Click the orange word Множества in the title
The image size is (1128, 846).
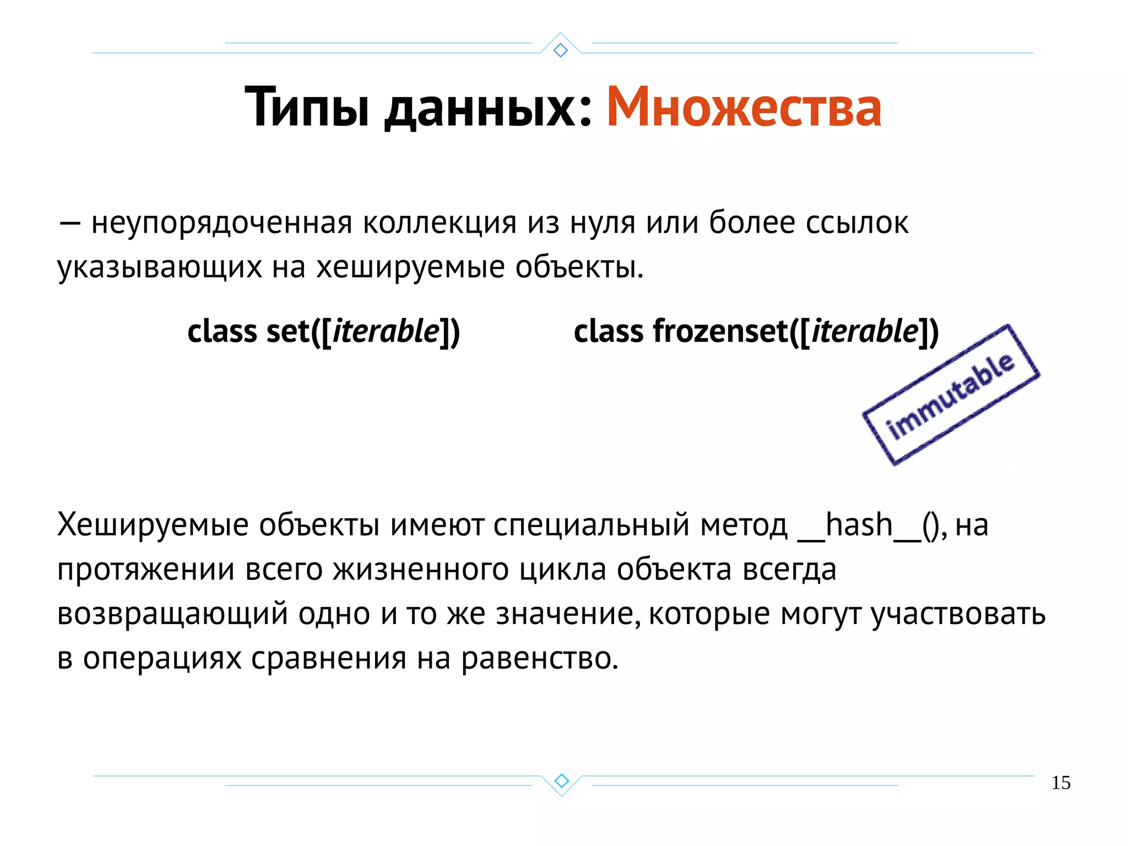(x=744, y=107)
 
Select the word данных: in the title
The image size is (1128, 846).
(x=488, y=107)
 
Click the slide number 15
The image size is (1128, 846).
(x=1060, y=783)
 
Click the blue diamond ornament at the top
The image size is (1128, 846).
(x=560, y=50)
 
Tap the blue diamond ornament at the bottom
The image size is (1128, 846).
(x=561, y=780)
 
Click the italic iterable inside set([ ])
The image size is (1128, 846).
(x=386, y=331)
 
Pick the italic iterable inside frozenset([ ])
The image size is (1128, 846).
(x=865, y=331)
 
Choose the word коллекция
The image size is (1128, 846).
(x=440, y=223)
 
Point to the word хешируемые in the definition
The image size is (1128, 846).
(x=410, y=267)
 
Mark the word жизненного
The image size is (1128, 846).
(x=421, y=569)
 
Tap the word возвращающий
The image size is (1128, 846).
(x=172, y=614)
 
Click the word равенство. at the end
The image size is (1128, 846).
(x=540, y=658)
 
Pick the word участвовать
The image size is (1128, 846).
(x=958, y=614)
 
